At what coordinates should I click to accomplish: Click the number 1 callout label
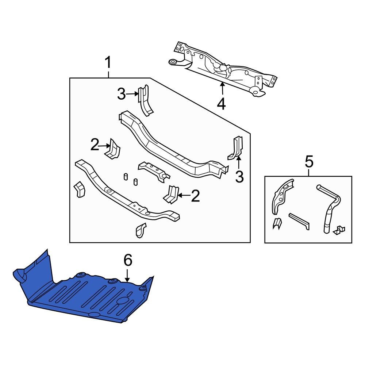pyautogui.click(x=108, y=64)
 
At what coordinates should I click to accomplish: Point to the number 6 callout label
pyautogui.click(x=127, y=261)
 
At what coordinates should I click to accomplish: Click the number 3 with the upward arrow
pyautogui.click(x=239, y=177)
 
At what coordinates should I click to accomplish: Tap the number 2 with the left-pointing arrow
pyautogui.click(x=195, y=196)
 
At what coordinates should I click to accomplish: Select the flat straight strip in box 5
pyautogui.click(x=299, y=221)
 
